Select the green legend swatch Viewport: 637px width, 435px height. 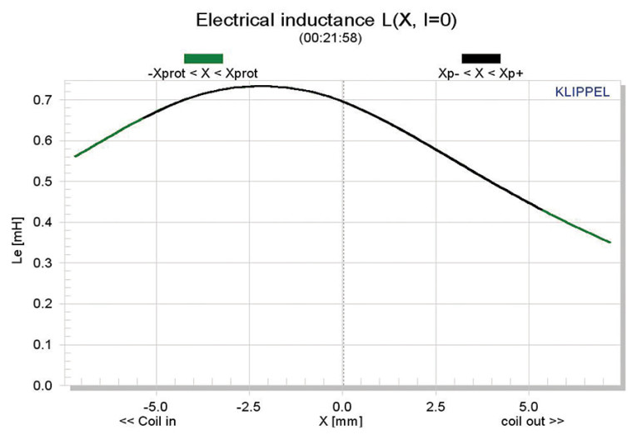click(x=203, y=57)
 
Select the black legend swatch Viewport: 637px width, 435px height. click(x=480, y=57)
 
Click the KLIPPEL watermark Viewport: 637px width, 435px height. click(x=582, y=92)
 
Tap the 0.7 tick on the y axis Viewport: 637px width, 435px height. click(x=42, y=100)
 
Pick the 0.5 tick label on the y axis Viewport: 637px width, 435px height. click(x=42, y=182)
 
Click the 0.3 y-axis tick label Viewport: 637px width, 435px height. click(x=42, y=263)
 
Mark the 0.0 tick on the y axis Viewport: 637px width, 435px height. click(x=42, y=386)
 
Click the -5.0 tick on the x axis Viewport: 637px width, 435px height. click(x=156, y=404)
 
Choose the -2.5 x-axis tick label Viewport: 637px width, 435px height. click(x=249, y=404)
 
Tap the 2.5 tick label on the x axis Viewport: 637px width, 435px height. click(x=436, y=404)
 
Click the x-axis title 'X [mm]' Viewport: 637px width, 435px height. click(x=341, y=421)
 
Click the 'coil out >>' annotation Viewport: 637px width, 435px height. click(x=533, y=421)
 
